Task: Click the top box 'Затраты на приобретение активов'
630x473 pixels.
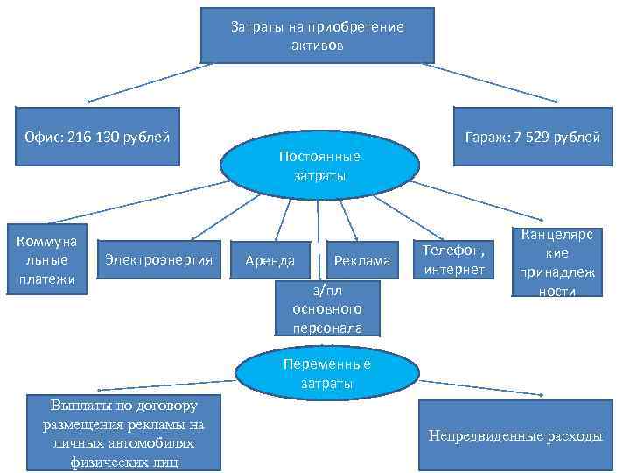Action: click(317, 35)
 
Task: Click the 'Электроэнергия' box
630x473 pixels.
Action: click(159, 258)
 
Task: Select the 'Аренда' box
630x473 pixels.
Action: click(269, 260)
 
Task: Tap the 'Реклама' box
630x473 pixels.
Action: click(361, 260)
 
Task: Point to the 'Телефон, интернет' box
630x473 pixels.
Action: click(452, 260)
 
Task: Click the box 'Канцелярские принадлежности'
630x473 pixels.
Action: click(557, 263)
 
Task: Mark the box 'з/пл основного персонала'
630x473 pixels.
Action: click(326, 308)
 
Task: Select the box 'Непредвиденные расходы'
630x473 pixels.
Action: click(514, 435)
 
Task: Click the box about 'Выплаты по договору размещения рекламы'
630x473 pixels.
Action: click(123, 433)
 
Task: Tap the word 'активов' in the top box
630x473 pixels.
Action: click(317, 44)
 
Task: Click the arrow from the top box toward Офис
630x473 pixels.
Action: click(149, 81)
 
